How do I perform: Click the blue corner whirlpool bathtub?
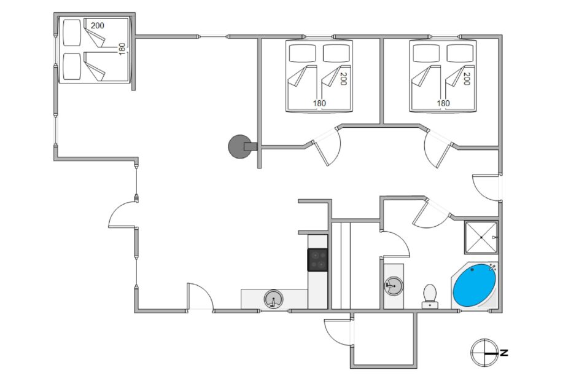point(475,285)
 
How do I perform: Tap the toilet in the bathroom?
point(430,296)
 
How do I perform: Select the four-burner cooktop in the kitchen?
point(317,259)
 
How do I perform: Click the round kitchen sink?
point(273,299)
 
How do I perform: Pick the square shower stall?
point(481,237)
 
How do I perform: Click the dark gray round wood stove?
point(240,147)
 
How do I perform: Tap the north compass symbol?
point(484,353)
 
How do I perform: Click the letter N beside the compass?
point(503,353)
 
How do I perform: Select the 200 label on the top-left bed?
point(97,26)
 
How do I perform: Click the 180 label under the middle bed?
point(319,103)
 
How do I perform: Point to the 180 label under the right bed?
point(443,103)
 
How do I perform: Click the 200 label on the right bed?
point(467,79)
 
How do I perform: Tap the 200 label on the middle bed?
point(343,79)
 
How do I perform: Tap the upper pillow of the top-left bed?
point(72,33)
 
